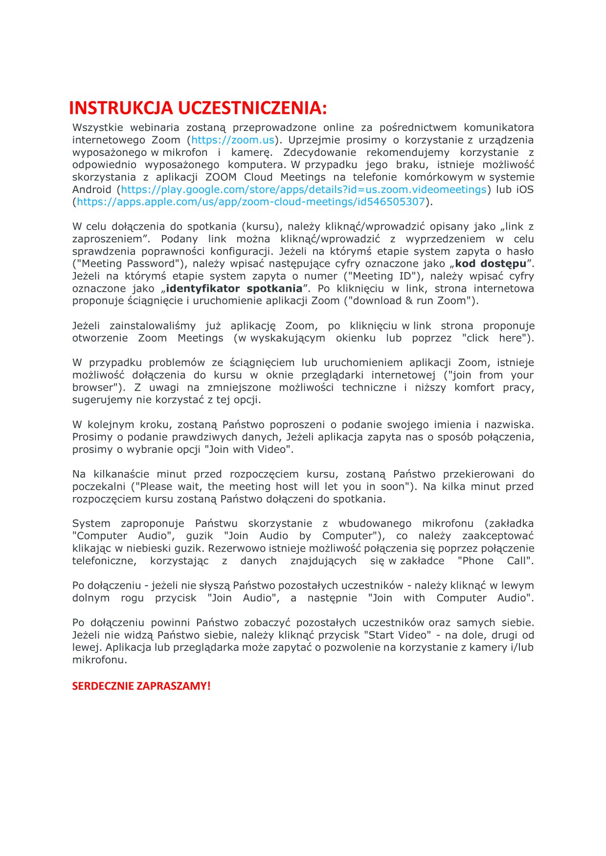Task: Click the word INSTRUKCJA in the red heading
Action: point(121,108)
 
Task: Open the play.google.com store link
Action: point(304,190)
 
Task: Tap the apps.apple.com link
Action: point(251,202)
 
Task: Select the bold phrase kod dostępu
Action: point(491,264)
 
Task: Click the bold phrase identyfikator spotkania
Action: point(234,289)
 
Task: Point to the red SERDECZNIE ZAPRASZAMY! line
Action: point(141,686)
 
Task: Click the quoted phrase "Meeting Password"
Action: point(129,264)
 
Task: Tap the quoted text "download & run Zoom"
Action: point(410,301)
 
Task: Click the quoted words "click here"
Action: point(496,338)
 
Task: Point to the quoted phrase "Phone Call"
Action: point(494,561)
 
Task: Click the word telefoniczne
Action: point(104,561)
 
